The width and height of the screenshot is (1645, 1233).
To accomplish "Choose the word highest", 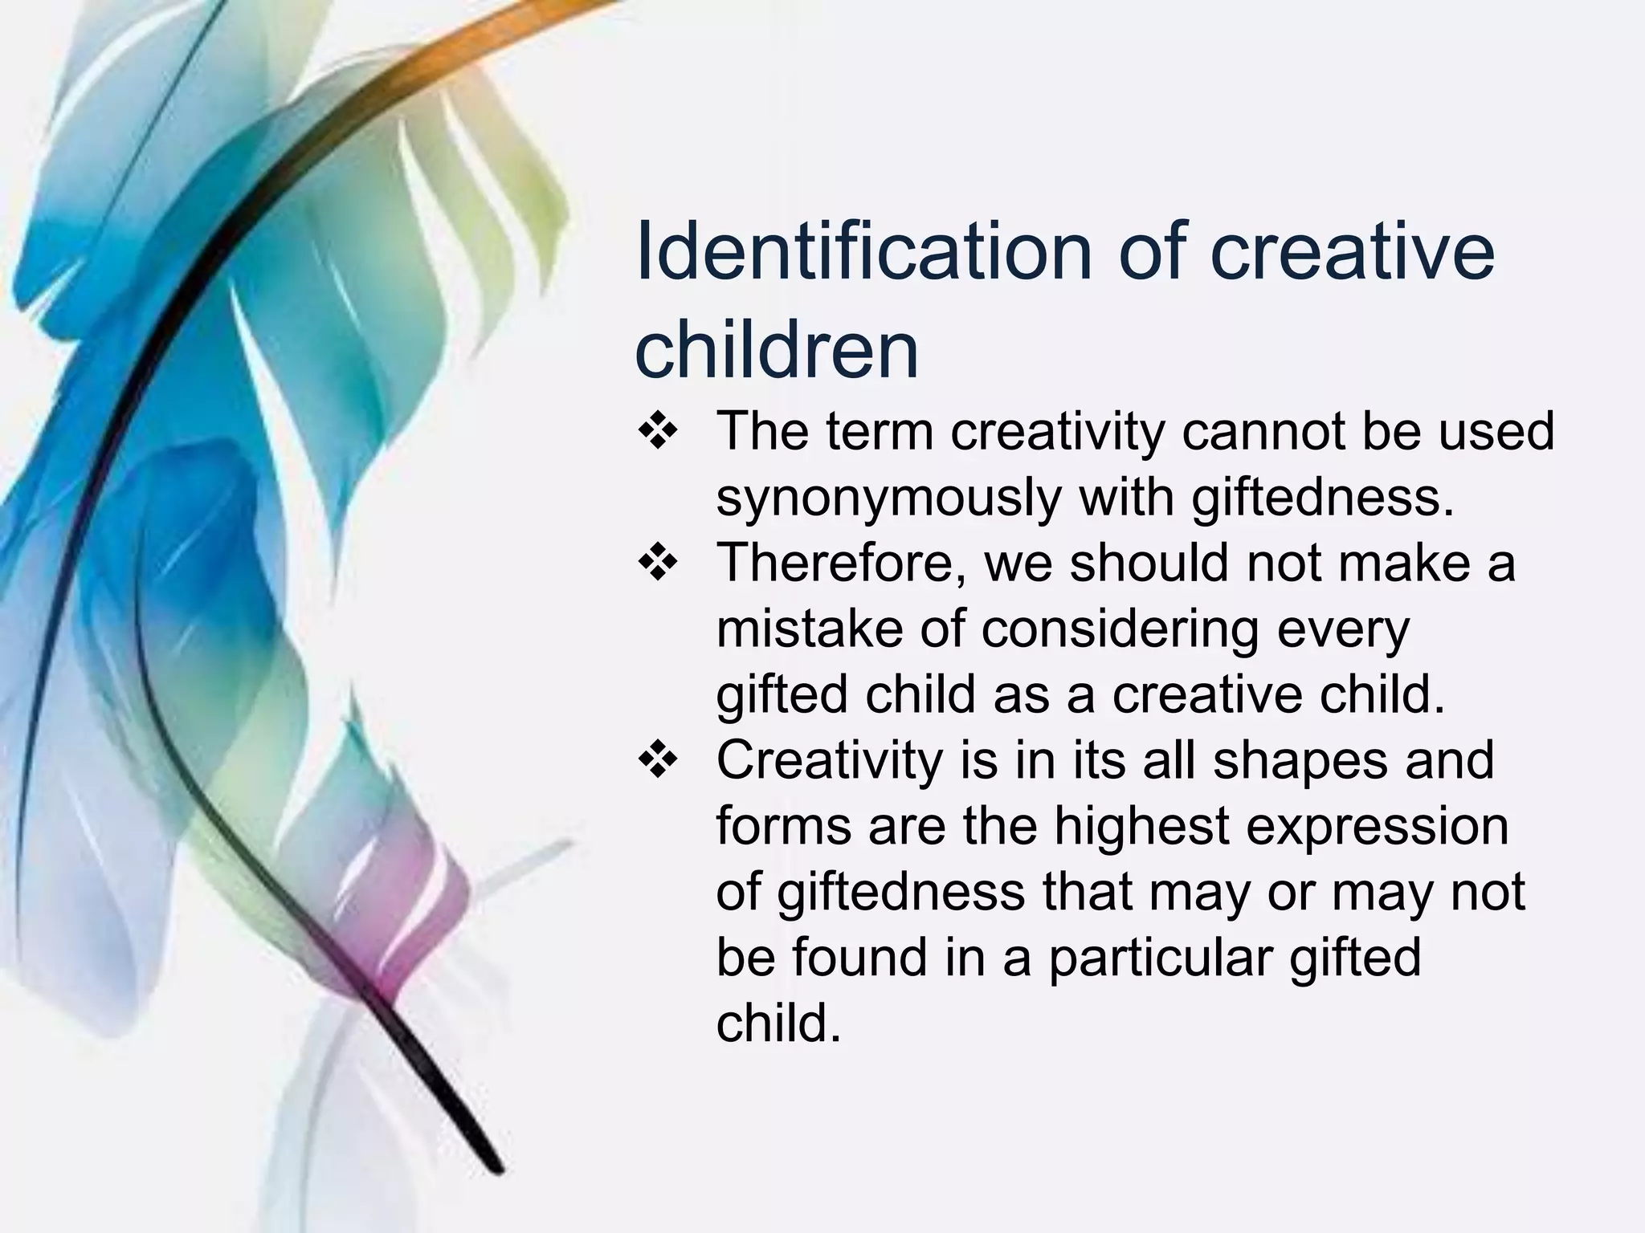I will [x=1141, y=827].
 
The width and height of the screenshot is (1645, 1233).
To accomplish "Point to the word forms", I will [x=783, y=826].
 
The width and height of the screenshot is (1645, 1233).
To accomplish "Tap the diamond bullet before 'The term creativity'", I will [x=658, y=432].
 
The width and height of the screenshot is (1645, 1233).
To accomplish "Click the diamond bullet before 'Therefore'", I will [x=658, y=563].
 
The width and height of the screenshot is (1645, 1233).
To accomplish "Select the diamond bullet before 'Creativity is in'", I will [x=658, y=760].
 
